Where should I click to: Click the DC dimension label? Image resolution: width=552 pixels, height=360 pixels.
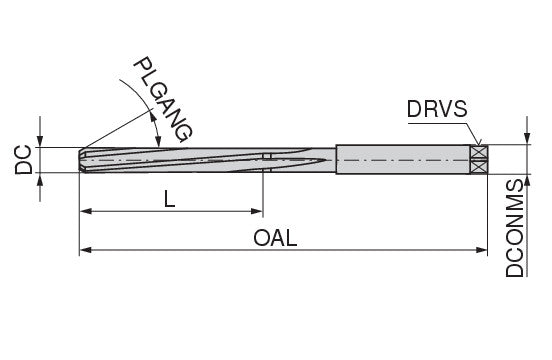pos(24,160)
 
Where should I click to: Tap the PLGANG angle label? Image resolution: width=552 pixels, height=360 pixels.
pos(163,100)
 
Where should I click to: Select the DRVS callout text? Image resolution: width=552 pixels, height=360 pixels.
pos(437,109)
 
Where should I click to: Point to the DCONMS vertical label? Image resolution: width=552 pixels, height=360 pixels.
pos(515,228)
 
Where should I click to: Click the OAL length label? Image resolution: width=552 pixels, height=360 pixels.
pos(275,238)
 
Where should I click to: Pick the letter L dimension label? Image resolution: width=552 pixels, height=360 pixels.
pos(170,199)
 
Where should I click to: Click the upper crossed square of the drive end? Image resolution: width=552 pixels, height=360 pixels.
pos(479,153)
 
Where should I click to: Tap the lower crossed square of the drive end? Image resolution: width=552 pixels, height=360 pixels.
pos(479,168)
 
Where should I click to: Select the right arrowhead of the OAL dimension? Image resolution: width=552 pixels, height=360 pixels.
pos(481,250)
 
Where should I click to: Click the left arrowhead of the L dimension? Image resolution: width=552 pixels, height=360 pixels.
pos(86,211)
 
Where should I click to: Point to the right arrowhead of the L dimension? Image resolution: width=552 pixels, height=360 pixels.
pos(257,211)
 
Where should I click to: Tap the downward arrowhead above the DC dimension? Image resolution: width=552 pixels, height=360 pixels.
pos(40,141)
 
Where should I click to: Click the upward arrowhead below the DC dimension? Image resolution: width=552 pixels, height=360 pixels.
pos(40,179)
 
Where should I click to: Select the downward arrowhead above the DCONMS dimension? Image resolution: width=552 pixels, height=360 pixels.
pos(527,138)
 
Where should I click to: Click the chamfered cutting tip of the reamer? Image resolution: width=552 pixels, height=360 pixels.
pos(82,160)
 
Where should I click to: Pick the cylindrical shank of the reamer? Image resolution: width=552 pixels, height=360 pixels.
pos(403,159)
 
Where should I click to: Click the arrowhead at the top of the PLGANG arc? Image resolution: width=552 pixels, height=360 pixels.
pos(152,115)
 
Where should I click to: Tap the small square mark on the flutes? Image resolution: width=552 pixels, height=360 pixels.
pos(267,157)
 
